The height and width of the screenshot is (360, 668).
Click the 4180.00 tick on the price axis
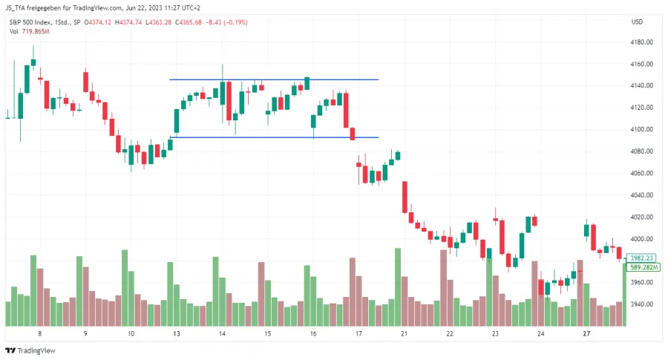(x=642, y=42)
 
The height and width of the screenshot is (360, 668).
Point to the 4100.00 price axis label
(x=642, y=130)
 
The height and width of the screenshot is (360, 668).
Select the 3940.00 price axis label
(x=642, y=304)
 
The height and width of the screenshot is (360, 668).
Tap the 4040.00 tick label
(x=642, y=195)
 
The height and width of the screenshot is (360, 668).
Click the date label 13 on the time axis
(x=177, y=335)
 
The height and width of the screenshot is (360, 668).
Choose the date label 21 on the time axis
(x=405, y=335)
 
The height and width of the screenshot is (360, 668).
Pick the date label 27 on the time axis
(x=586, y=335)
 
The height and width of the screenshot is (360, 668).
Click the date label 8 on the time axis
(x=39, y=335)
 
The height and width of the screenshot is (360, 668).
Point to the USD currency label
(x=637, y=22)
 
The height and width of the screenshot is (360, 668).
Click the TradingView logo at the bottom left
(x=30, y=351)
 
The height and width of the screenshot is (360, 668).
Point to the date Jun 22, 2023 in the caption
(x=154, y=8)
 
